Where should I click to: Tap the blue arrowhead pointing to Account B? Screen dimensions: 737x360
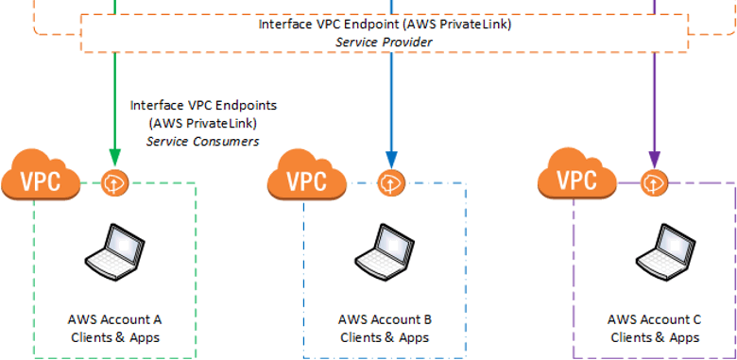[391, 160]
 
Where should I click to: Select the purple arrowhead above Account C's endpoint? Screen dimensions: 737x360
[654, 160]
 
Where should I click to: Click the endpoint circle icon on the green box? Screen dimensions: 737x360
[114, 182]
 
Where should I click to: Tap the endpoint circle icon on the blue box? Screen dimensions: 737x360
[391, 182]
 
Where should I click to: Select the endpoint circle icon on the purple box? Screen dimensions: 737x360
[655, 182]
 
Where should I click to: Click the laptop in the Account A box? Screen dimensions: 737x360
[115, 251]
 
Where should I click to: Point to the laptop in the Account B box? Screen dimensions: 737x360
[385, 251]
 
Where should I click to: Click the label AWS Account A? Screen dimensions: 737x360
[115, 319]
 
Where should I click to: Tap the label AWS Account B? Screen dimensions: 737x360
[385, 319]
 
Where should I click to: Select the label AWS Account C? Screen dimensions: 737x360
[655, 319]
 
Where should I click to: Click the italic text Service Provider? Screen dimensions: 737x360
[384, 43]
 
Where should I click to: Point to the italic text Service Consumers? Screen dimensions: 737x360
[202, 141]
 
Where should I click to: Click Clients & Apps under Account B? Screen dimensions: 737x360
[385, 337]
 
